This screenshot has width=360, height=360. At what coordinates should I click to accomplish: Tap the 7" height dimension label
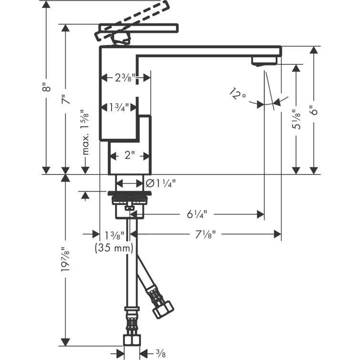click(65, 99)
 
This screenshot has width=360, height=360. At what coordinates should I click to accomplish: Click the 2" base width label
click(130, 155)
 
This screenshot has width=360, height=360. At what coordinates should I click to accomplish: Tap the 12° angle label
click(237, 94)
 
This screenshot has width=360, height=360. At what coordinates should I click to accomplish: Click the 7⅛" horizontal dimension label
click(201, 234)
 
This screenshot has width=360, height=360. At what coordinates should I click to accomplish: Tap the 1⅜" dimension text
click(114, 235)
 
